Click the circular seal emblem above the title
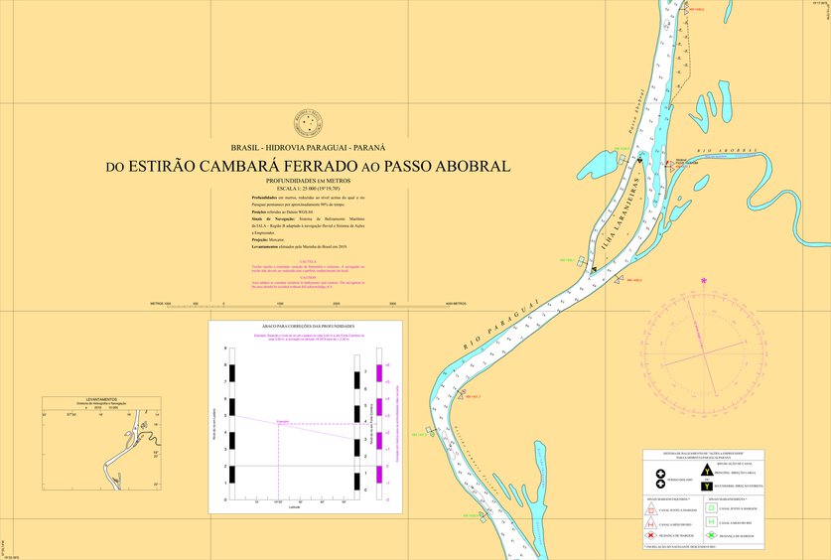tap(308, 123)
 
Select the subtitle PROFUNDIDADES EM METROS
tap(308, 181)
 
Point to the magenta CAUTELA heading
tap(308, 262)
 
